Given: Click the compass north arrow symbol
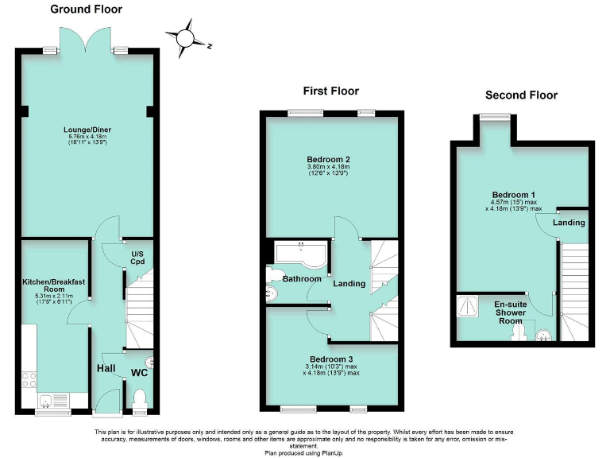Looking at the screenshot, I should (x=186, y=38).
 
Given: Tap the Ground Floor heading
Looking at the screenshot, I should (x=86, y=10).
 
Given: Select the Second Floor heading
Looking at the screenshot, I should (x=521, y=95).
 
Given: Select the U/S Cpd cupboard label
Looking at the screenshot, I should (x=141, y=257).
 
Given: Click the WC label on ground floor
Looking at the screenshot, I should (x=139, y=372).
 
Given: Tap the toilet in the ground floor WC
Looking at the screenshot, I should (x=140, y=398).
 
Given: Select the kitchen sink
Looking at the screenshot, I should (x=48, y=400).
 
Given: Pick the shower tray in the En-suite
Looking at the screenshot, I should (x=468, y=306).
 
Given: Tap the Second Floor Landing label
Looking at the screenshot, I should (x=569, y=223).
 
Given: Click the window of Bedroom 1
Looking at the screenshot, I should (x=495, y=118).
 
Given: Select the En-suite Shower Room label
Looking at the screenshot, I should (x=511, y=312).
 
